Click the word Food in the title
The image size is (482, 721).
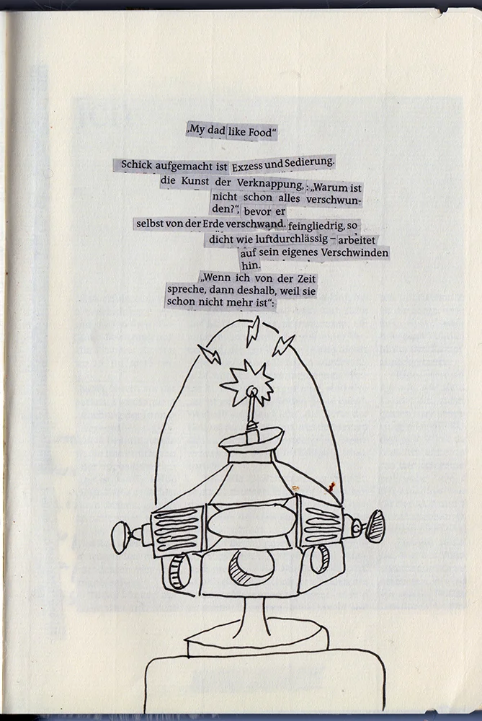pos(262,132)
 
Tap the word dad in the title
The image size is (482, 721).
pos(216,131)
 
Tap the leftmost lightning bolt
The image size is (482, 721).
pos(210,354)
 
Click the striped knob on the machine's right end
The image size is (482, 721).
pos(375,526)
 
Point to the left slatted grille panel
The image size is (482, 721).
pos(176,530)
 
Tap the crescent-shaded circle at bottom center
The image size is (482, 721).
pos(251,567)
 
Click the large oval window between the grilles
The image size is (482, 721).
pos(251,522)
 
